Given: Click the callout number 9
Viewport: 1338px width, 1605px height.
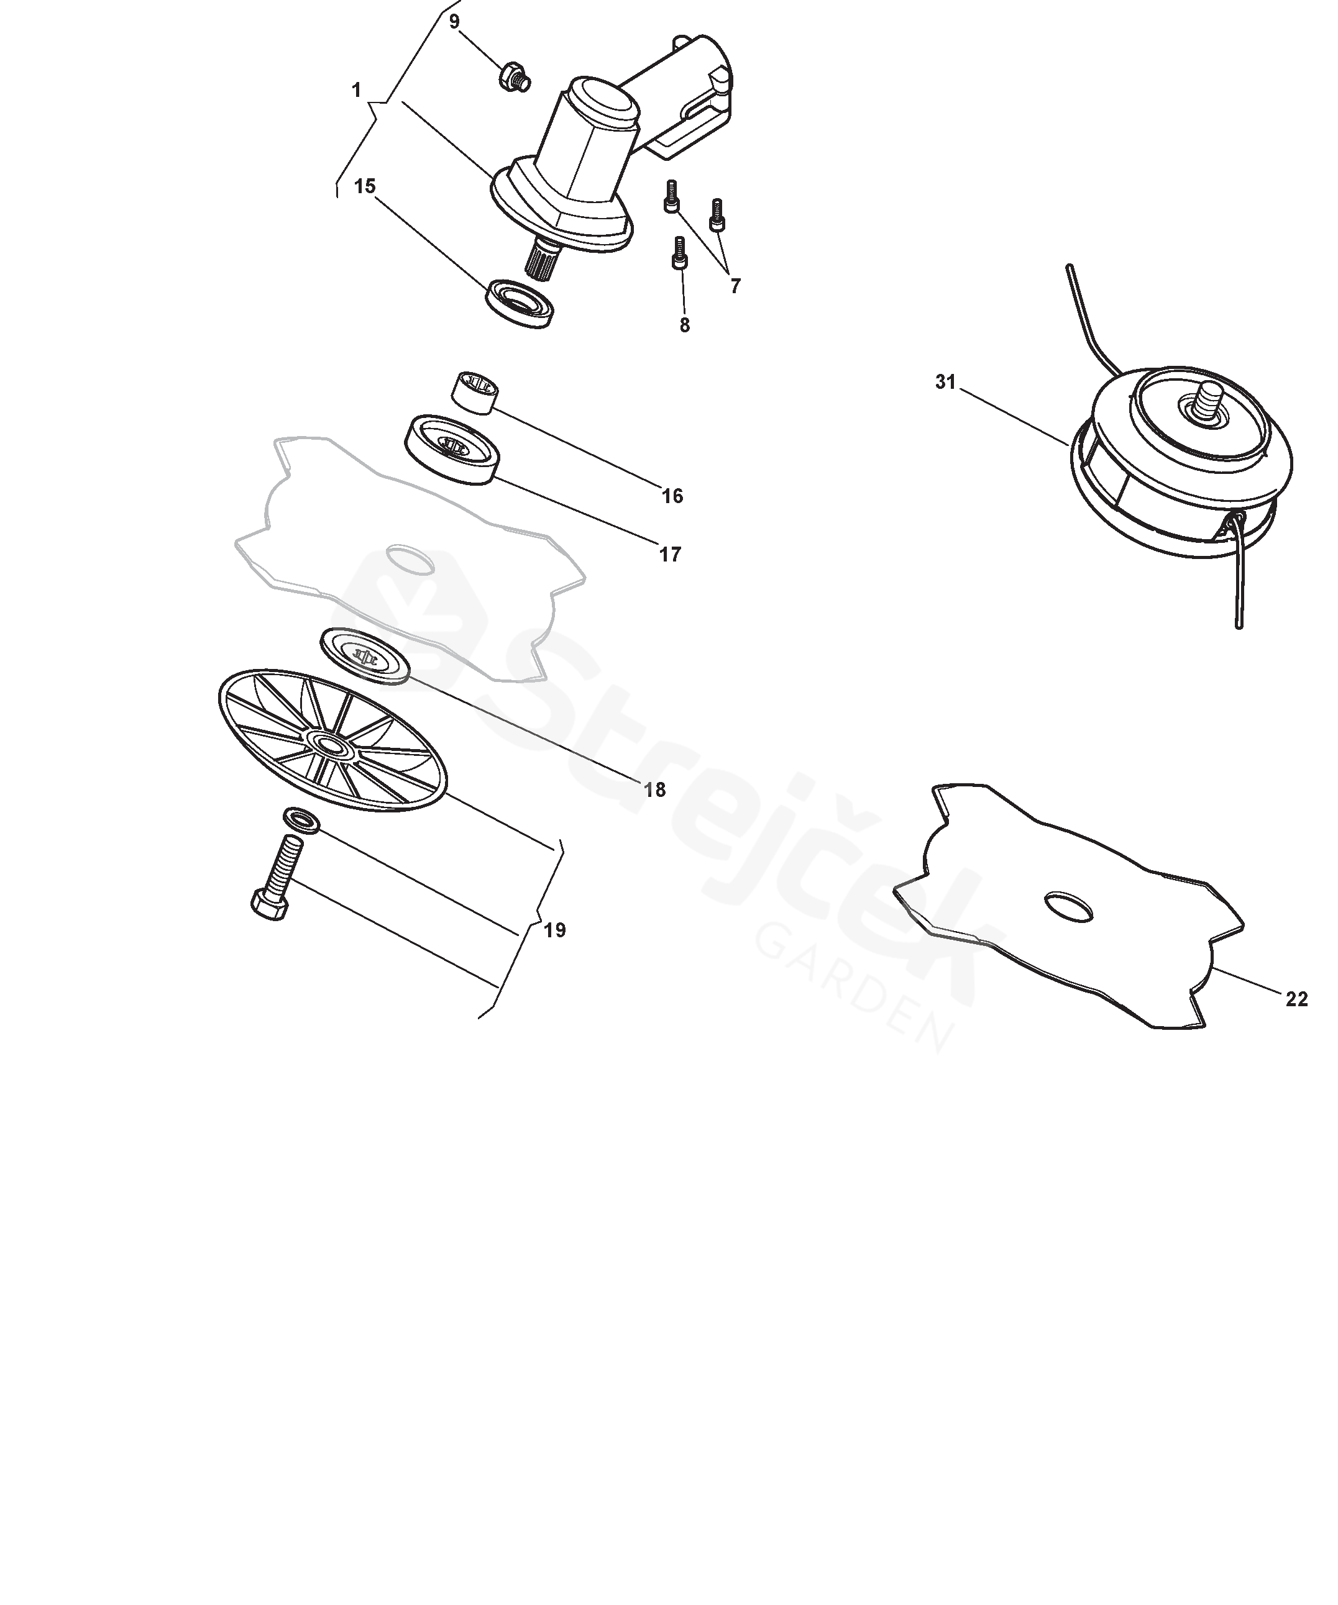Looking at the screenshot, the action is click(454, 21).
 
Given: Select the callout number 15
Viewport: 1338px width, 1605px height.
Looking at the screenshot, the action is click(365, 186).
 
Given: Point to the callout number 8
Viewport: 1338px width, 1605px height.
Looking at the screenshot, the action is click(684, 325).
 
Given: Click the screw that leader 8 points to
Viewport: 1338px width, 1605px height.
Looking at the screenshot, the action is click(679, 252).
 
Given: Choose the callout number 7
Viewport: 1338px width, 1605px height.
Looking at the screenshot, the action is click(736, 286).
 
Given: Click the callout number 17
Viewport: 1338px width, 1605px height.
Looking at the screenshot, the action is click(670, 554).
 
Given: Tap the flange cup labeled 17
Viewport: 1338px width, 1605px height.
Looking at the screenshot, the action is click(451, 448).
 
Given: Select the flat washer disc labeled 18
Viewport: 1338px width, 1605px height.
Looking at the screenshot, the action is click(365, 654).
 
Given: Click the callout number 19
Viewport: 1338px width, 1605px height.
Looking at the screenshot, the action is click(554, 930).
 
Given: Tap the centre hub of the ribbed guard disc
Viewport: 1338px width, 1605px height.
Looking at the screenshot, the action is click(330, 743).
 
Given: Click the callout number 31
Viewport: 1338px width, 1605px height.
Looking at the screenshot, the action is click(946, 381).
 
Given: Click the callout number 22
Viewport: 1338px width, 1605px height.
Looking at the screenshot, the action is click(1297, 999).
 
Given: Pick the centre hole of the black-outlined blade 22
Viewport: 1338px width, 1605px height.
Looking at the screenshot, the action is click(1068, 906).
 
